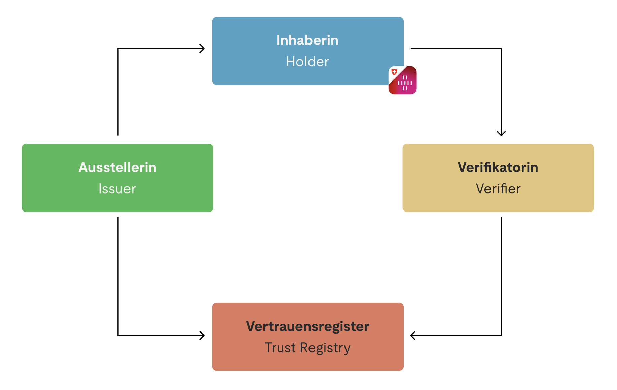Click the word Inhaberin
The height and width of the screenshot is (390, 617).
point(307,40)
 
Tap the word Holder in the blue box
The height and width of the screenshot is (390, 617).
point(307,62)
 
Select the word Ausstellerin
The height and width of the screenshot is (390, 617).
point(117,167)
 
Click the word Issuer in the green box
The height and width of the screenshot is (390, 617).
point(117,189)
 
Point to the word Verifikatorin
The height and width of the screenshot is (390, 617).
point(498,167)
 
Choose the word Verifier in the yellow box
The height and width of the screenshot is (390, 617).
point(498,189)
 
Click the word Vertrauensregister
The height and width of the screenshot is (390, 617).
point(307,326)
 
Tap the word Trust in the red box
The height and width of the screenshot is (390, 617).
point(280,348)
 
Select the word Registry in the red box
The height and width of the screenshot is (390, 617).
point(325,348)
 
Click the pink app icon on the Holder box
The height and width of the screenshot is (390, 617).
point(402,80)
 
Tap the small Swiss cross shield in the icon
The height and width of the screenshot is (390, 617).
point(394,72)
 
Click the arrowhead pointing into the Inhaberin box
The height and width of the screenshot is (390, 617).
point(202,48)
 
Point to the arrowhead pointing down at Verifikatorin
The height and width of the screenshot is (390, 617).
point(501,133)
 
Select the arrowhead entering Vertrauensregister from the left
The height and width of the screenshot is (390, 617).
point(202,335)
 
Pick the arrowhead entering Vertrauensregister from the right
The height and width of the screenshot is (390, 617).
point(413,335)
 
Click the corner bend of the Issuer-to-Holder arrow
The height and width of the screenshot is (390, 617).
point(118,48)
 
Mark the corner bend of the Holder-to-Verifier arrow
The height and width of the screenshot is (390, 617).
point(501,48)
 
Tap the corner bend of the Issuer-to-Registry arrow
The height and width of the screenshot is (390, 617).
point(118,335)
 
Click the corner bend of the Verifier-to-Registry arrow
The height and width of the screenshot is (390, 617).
point(501,335)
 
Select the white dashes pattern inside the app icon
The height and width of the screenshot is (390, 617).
point(405,83)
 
